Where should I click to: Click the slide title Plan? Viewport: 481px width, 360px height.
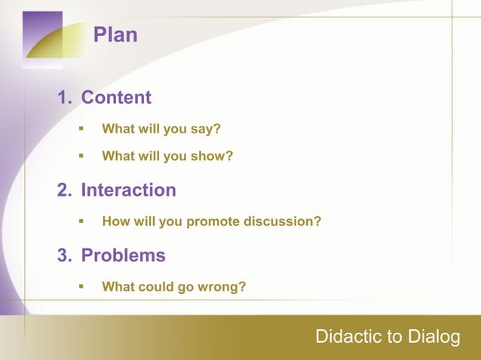[115, 35]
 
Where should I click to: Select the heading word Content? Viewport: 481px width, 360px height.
[116, 98]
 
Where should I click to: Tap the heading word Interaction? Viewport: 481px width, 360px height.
[128, 191]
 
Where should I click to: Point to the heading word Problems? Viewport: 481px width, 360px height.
[123, 256]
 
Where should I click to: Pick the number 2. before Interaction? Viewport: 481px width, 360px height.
[66, 191]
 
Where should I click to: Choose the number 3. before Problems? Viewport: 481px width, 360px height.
[66, 256]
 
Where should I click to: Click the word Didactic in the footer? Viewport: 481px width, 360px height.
[347, 337]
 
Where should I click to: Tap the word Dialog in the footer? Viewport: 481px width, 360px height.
[434, 337]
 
